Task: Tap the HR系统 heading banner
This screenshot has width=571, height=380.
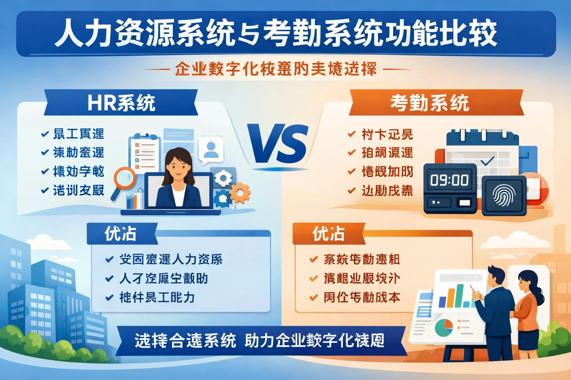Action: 121,103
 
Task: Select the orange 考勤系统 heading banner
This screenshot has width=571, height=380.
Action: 430,103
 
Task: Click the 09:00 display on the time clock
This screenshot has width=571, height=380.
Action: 449,180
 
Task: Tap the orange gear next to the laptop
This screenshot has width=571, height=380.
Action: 239,193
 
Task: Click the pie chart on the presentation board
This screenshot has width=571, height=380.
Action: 443,327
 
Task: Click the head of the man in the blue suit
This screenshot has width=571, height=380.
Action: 496,276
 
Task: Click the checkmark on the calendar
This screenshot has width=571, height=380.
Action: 487,161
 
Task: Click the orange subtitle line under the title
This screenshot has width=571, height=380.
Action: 276,69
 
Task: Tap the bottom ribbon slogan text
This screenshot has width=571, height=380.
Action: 259,341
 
